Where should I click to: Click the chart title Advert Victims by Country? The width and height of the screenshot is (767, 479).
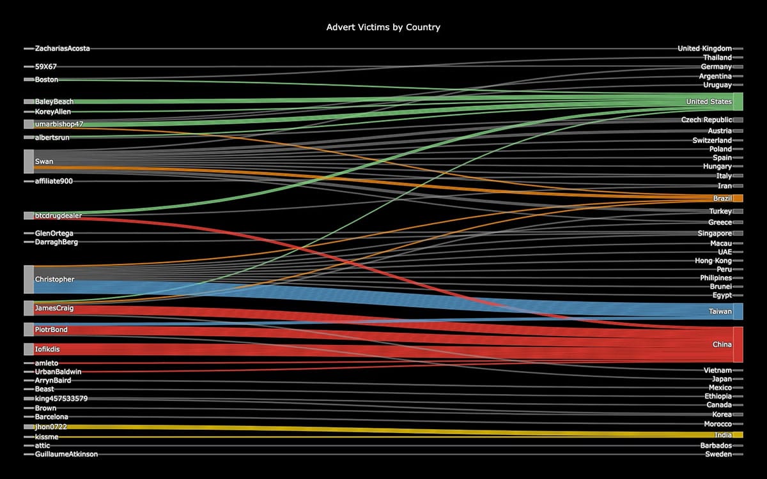383,27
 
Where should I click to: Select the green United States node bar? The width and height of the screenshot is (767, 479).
738,102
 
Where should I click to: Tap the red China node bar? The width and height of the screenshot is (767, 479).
738,344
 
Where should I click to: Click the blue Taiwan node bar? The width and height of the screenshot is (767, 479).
738,311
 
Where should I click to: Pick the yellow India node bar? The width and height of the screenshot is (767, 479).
738,435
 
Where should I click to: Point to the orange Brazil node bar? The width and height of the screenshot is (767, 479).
738,198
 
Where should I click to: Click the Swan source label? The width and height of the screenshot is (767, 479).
44,162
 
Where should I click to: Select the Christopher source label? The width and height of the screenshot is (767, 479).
54,280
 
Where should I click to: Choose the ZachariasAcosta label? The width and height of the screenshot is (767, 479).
63,49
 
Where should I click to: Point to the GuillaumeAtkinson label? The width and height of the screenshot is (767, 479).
66,454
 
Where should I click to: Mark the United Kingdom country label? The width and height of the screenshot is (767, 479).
704,49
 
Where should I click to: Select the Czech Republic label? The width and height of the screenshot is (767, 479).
706,120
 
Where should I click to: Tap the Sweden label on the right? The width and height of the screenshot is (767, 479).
718,454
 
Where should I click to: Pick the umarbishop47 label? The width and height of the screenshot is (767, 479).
59,124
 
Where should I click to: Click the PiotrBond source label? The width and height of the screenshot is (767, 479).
51,330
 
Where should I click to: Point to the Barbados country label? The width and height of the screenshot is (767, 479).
715,445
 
